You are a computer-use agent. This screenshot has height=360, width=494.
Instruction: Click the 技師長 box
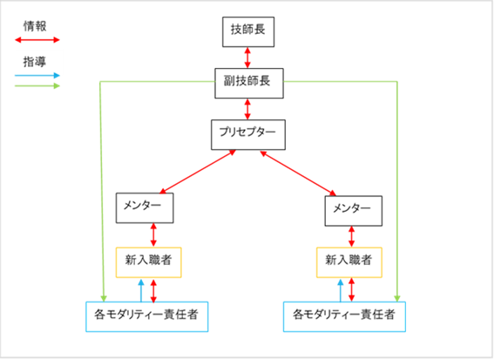248,32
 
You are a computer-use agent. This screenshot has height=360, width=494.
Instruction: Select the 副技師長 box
249,83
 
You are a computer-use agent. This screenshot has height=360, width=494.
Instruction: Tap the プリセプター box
248,134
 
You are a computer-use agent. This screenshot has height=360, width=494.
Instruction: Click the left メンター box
145,208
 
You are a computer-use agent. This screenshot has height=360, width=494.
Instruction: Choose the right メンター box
354,211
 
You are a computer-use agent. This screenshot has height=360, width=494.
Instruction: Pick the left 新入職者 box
148,262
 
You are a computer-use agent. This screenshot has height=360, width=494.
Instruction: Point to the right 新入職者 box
349,262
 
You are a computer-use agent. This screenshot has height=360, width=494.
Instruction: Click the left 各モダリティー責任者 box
147,316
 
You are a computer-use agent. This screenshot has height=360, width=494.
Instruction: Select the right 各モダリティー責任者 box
344,316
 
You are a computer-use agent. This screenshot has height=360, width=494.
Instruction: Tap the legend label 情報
35,26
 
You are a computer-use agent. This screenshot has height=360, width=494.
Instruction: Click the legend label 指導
35,62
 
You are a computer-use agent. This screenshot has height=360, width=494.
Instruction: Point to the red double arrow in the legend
37,40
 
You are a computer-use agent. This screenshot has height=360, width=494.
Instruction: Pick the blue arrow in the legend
37,75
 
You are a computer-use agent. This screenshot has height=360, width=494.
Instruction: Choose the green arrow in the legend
37,85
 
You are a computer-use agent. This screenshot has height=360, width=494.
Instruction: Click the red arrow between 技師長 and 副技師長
247,58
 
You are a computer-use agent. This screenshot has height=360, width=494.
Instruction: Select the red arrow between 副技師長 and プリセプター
247,109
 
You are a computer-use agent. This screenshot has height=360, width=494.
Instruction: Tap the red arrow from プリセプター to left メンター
198,172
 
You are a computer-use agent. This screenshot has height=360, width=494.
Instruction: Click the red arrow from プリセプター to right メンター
298,173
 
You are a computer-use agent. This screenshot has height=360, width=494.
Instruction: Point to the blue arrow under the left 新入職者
141,290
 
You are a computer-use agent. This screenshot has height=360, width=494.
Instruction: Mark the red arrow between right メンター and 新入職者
352,237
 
